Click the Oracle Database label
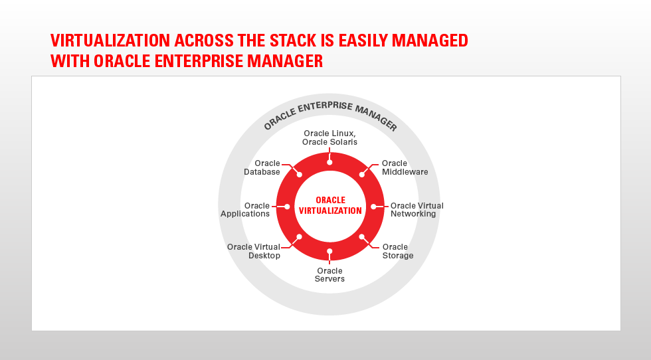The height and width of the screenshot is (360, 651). click(x=262, y=167)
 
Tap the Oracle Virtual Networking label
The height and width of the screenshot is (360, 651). click(x=417, y=210)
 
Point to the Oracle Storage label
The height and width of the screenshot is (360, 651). click(x=397, y=251)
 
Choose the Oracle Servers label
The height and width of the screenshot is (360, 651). click(x=329, y=275)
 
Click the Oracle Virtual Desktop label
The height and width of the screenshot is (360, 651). click(x=253, y=251)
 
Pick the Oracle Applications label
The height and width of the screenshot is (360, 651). click(x=245, y=210)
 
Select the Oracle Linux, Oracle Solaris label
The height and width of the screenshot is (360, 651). click(x=329, y=137)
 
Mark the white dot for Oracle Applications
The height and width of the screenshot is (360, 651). click(x=287, y=207)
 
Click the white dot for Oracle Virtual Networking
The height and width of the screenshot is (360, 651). click(x=373, y=207)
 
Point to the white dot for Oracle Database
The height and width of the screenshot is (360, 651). click(x=300, y=175)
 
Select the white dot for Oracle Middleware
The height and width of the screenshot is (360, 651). click(x=361, y=175)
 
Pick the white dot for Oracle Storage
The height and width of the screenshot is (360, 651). click(x=361, y=236)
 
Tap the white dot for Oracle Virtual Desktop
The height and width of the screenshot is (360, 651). click(x=300, y=236)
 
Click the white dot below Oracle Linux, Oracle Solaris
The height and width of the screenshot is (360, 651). click(x=329, y=162)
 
